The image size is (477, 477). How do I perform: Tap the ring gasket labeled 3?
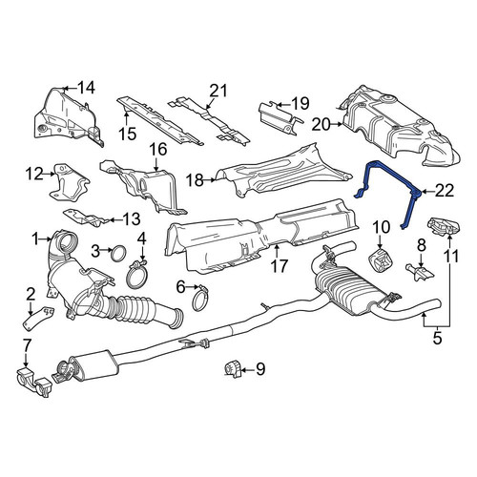[118, 252]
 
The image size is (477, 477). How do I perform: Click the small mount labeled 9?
[232, 369]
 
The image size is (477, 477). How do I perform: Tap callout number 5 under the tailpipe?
[437, 338]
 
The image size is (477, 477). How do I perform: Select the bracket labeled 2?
[36, 317]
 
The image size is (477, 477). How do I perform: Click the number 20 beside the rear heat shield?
[321, 125]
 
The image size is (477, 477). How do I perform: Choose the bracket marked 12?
[69, 182]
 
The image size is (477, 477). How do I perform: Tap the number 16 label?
[158, 149]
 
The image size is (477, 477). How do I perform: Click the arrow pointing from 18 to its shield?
[210, 180]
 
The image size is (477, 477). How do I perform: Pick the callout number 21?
[218, 91]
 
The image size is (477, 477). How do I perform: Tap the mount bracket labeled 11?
[443, 225]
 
